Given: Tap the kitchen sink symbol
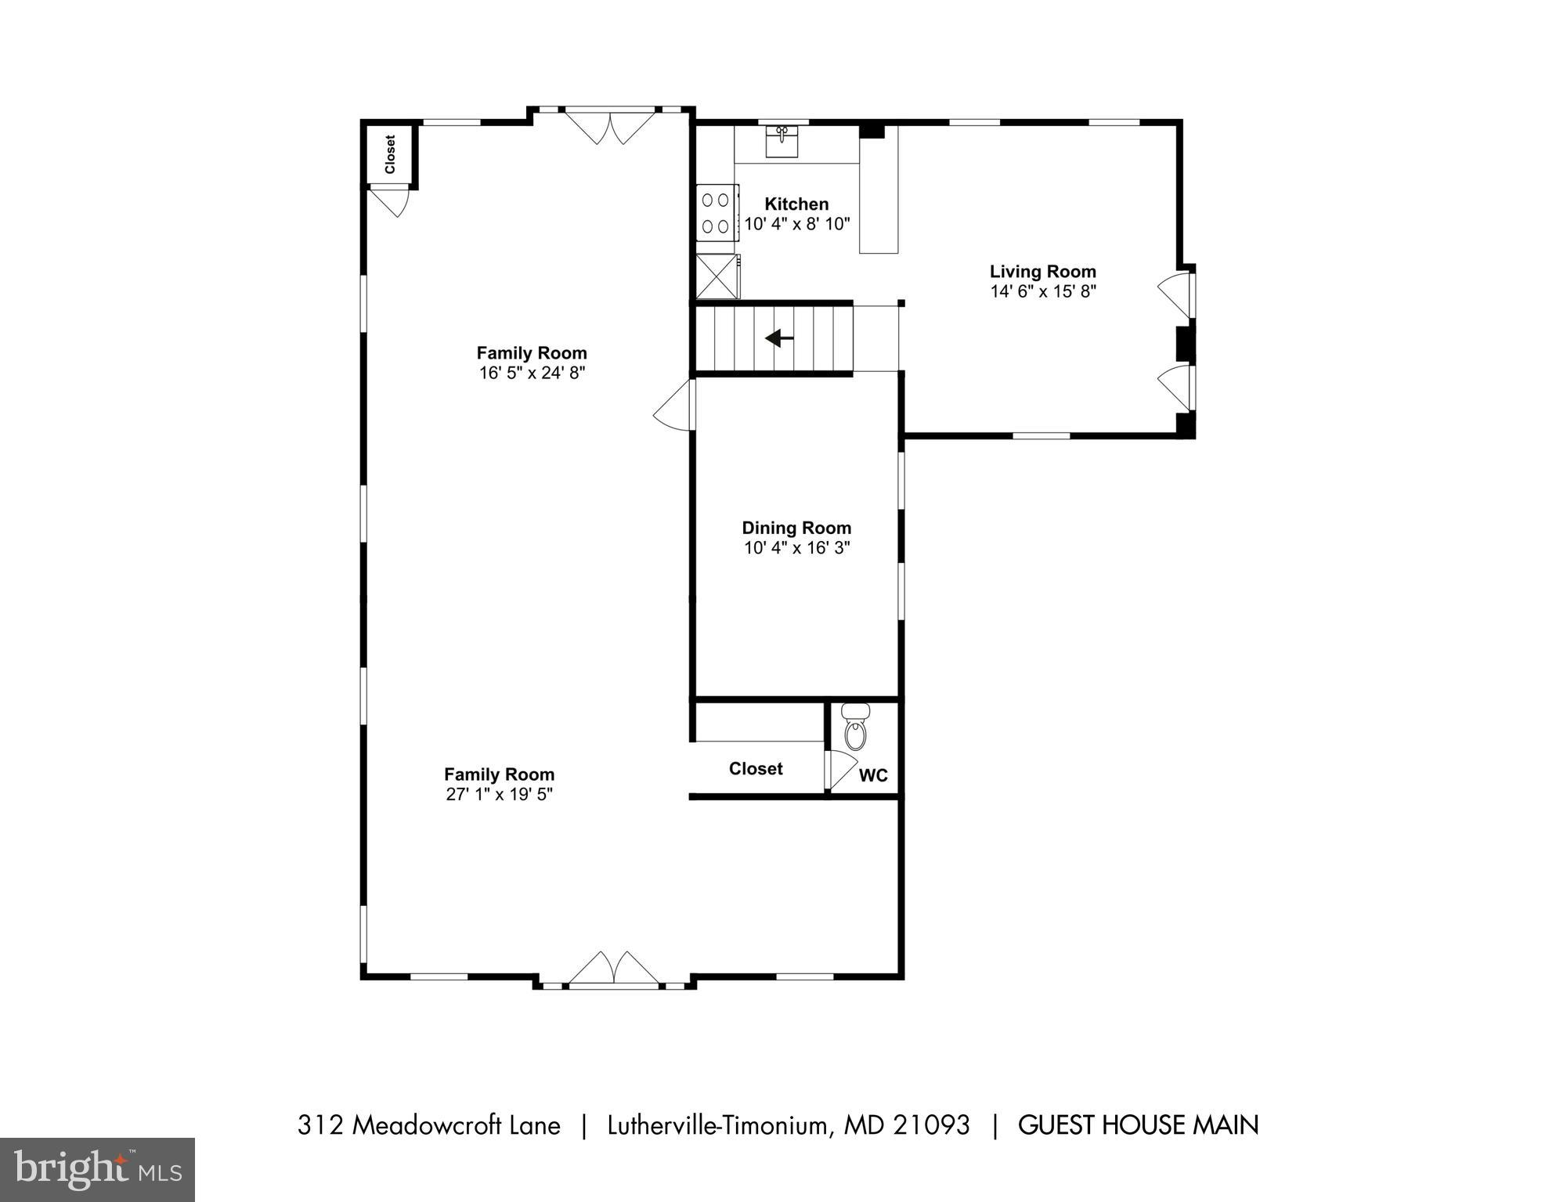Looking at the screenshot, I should (x=782, y=142).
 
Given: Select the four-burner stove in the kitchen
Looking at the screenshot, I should (x=717, y=212).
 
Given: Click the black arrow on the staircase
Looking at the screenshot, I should (x=778, y=338).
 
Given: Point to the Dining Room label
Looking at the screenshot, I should (x=796, y=528).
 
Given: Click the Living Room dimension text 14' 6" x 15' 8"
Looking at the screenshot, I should (x=1042, y=291).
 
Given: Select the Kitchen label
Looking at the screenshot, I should (x=796, y=204).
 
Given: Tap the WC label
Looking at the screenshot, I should (x=873, y=775).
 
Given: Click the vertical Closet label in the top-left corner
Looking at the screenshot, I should (x=390, y=154).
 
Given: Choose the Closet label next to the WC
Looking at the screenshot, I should (x=755, y=768).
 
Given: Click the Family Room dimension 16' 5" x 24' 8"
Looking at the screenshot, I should (x=532, y=373).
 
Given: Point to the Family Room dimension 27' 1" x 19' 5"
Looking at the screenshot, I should (x=499, y=794).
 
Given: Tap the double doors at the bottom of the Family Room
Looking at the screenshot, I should (x=613, y=969).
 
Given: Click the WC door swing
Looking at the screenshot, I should (x=841, y=770).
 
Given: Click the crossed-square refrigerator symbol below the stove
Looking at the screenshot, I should (x=717, y=276).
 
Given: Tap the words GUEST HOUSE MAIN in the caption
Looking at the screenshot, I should (x=1138, y=1125).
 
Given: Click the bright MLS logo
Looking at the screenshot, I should (x=97, y=1169).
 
